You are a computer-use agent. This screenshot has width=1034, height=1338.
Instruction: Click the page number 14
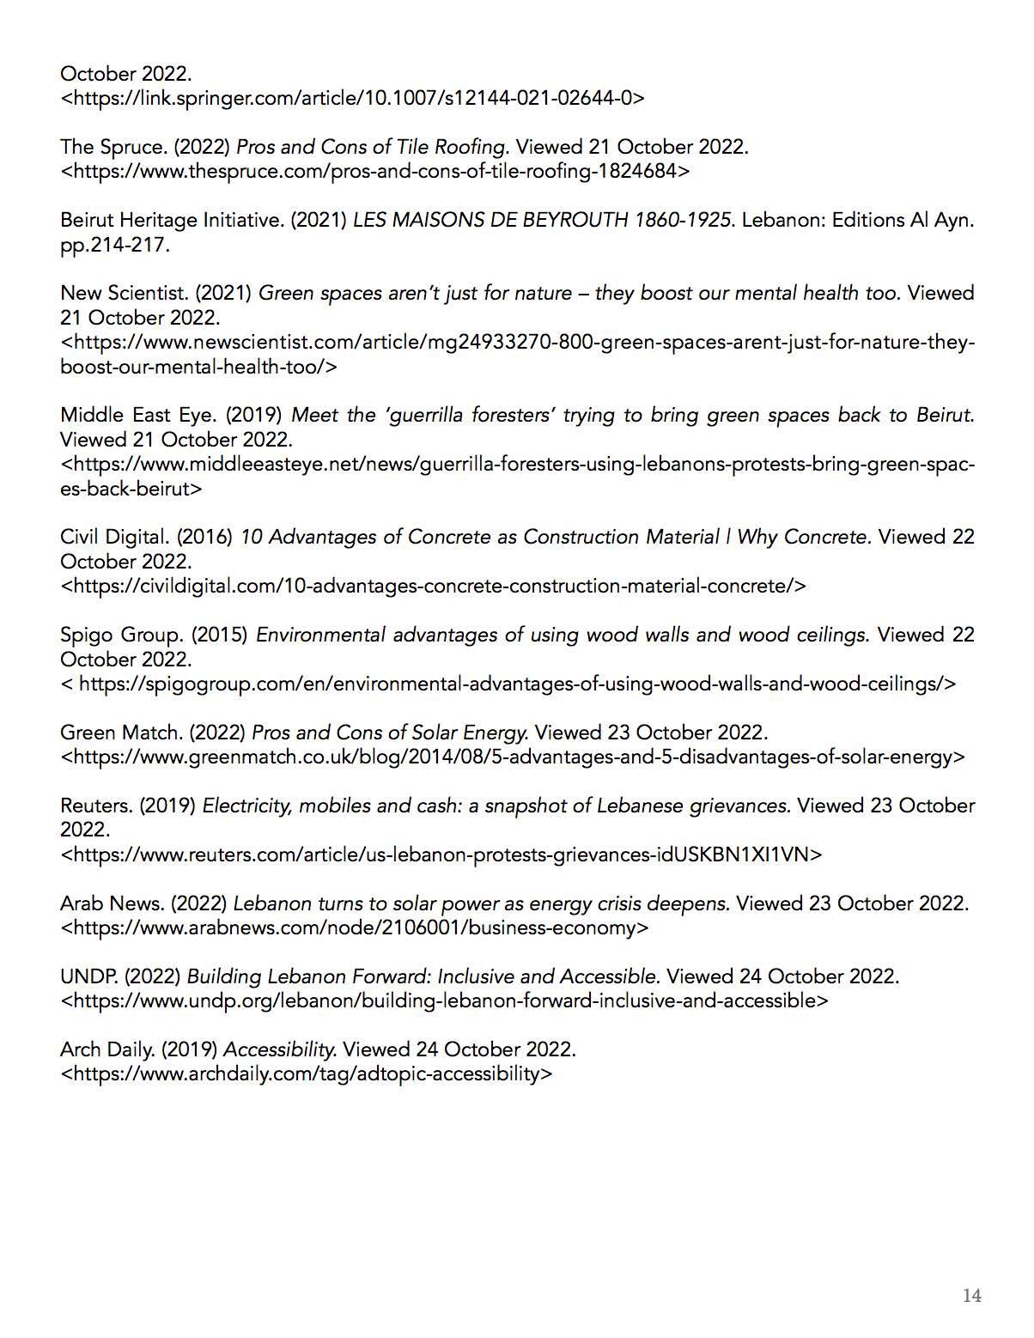pos(971,1296)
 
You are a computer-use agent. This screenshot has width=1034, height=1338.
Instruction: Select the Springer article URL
pos(352,98)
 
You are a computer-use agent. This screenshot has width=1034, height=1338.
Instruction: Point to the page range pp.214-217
pos(115,245)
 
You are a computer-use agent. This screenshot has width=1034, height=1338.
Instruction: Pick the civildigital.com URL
pos(434,587)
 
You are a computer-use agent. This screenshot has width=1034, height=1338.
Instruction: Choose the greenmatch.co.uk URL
pos(513,757)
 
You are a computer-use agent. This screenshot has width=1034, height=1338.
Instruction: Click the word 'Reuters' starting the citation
pos(95,806)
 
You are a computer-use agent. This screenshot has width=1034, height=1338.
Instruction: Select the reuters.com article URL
pos(441,854)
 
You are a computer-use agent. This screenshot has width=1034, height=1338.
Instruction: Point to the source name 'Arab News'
pos(112,903)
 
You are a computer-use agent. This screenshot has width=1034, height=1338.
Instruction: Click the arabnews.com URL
pos(355,928)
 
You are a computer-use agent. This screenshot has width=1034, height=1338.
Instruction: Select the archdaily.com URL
pos(307,1074)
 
